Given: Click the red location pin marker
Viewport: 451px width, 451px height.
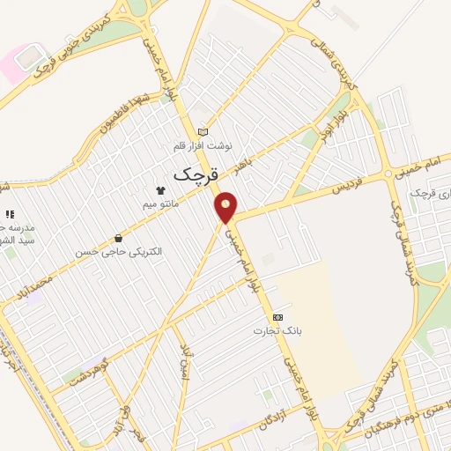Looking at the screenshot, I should (x=227, y=207).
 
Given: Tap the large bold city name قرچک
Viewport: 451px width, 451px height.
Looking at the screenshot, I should (x=195, y=173).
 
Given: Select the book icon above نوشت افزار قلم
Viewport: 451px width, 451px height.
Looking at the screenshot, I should (x=204, y=129).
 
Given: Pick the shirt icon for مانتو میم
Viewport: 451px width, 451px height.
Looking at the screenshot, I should (x=159, y=189).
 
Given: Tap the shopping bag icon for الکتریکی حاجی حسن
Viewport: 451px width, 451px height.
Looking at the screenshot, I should (x=118, y=237).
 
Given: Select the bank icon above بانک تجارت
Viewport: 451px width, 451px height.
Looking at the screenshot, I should (x=278, y=317).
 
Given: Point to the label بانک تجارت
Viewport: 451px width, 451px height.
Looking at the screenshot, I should (x=278, y=332).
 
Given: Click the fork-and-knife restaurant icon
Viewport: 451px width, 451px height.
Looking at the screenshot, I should (x=10, y=214).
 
